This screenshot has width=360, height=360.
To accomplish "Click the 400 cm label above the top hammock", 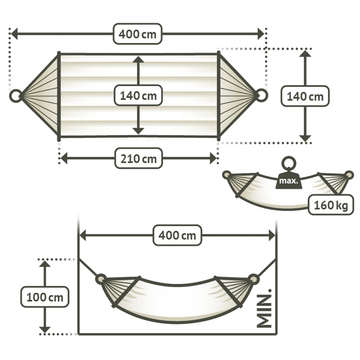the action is click(x=138, y=34).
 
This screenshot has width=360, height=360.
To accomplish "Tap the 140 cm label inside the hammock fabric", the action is click(x=138, y=95).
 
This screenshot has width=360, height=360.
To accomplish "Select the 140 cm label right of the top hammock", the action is click(x=305, y=96).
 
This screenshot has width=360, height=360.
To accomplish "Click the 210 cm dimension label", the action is click(x=139, y=158).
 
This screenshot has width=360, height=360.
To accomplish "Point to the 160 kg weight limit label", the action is click(x=331, y=205).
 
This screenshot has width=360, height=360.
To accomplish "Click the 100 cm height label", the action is click(x=45, y=297).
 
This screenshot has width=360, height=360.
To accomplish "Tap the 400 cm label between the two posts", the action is click(x=177, y=235).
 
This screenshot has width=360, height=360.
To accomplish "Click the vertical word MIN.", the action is click(x=264, y=309).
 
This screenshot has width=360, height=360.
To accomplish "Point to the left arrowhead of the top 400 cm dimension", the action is click(x=14, y=34).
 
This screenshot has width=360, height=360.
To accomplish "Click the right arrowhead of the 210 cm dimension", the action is click(x=213, y=158).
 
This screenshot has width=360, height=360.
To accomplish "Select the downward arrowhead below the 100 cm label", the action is click(x=45, y=330).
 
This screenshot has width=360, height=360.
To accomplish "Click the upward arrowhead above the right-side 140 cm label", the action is click(x=305, y=54).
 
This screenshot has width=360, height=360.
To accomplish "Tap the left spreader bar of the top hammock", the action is click(x=59, y=96).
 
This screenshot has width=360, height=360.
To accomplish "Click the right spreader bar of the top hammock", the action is click(x=219, y=96).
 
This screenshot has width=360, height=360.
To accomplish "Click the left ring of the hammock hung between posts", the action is click(x=101, y=279).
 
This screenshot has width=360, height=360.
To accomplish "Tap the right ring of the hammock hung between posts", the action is click(x=254, y=279).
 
